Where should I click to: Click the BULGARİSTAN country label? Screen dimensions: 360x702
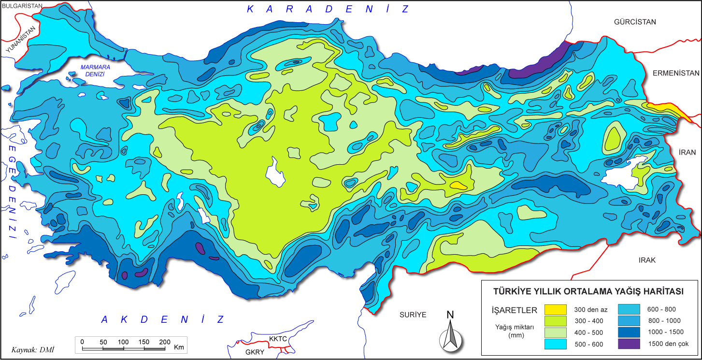point(22,6)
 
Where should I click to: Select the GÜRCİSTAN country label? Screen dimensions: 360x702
point(635,22)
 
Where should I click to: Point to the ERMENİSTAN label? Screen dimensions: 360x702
point(676,73)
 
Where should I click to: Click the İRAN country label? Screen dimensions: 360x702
point(687,152)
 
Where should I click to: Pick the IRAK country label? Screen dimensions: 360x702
point(647,260)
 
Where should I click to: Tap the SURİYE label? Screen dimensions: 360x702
point(413,315)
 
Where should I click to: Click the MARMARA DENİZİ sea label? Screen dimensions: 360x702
point(96,71)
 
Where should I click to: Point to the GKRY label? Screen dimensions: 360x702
point(255,352)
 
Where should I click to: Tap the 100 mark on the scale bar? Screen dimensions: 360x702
point(124,342)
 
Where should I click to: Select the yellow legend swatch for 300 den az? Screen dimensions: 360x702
point(556,310)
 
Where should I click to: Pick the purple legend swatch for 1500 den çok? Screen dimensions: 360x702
point(630,344)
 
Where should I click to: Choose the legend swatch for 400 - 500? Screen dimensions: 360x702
point(556,332)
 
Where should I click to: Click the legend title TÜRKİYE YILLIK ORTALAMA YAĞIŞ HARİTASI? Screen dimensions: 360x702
point(587,291)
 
